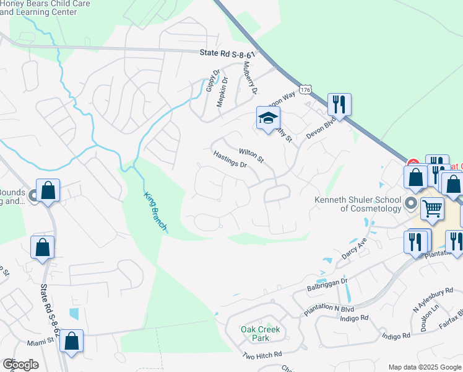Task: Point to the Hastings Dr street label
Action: coord(230,160)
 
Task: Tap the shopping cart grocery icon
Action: coord(433,209)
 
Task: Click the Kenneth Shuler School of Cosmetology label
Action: coord(358,204)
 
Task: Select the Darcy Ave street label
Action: coord(354,248)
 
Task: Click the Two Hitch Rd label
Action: coord(262,355)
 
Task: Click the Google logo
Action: coord(20,365)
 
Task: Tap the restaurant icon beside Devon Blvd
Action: coord(339,104)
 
